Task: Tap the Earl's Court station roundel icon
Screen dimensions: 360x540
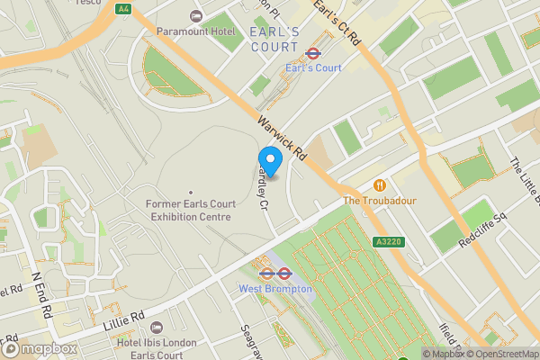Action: tap(313, 53)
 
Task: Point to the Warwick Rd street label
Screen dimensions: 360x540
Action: tap(283, 137)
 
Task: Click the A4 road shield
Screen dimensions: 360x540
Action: tap(122, 8)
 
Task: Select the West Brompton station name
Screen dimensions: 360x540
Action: tap(274, 289)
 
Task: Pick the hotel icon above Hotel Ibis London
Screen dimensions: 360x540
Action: tap(157, 327)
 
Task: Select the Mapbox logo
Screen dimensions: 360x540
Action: tap(40, 348)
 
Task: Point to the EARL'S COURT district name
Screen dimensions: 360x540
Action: tap(274, 39)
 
